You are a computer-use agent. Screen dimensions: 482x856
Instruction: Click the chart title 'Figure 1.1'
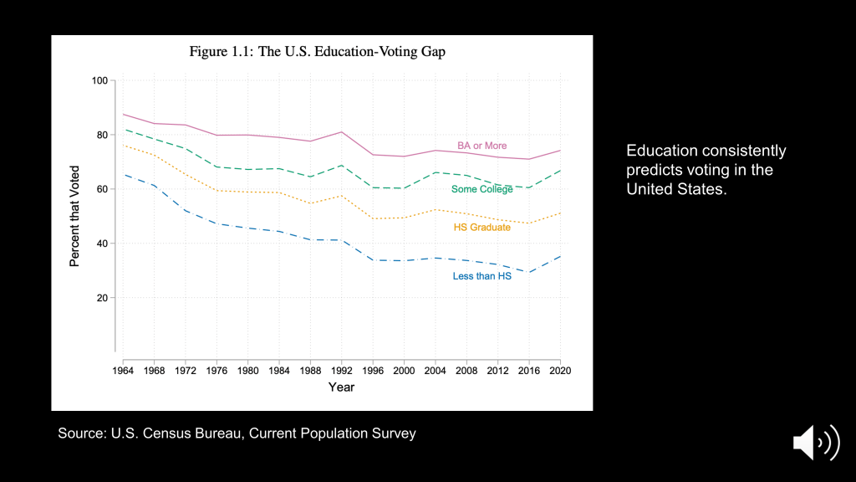[317, 52]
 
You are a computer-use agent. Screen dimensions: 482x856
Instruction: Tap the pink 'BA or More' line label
[481, 146]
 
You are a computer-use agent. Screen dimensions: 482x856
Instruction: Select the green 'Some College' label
[481, 189]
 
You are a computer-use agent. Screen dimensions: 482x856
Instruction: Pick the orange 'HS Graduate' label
[481, 228]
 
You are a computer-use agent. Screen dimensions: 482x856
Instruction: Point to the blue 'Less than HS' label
[481, 275]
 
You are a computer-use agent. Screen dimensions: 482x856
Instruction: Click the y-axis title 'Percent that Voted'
[74, 216]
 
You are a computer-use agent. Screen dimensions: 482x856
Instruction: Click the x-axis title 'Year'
[341, 387]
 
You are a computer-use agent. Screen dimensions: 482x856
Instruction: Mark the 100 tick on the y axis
[100, 80]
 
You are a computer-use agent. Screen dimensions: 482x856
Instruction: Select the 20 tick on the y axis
[103, 298]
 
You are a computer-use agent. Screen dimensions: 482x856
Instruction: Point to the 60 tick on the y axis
[103, 189]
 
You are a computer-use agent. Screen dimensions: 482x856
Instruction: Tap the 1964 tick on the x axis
[124, 370]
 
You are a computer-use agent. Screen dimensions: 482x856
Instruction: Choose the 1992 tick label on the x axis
[341, 370]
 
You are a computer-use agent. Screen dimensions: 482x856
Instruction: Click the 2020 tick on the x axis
[559, 370]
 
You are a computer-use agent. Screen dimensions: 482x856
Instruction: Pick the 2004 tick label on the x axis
[435, 370]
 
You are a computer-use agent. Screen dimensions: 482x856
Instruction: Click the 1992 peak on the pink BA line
[341, 132]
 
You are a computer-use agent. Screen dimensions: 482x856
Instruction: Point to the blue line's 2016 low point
[528, 272]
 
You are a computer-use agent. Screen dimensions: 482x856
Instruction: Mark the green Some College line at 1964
[124, 129]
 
